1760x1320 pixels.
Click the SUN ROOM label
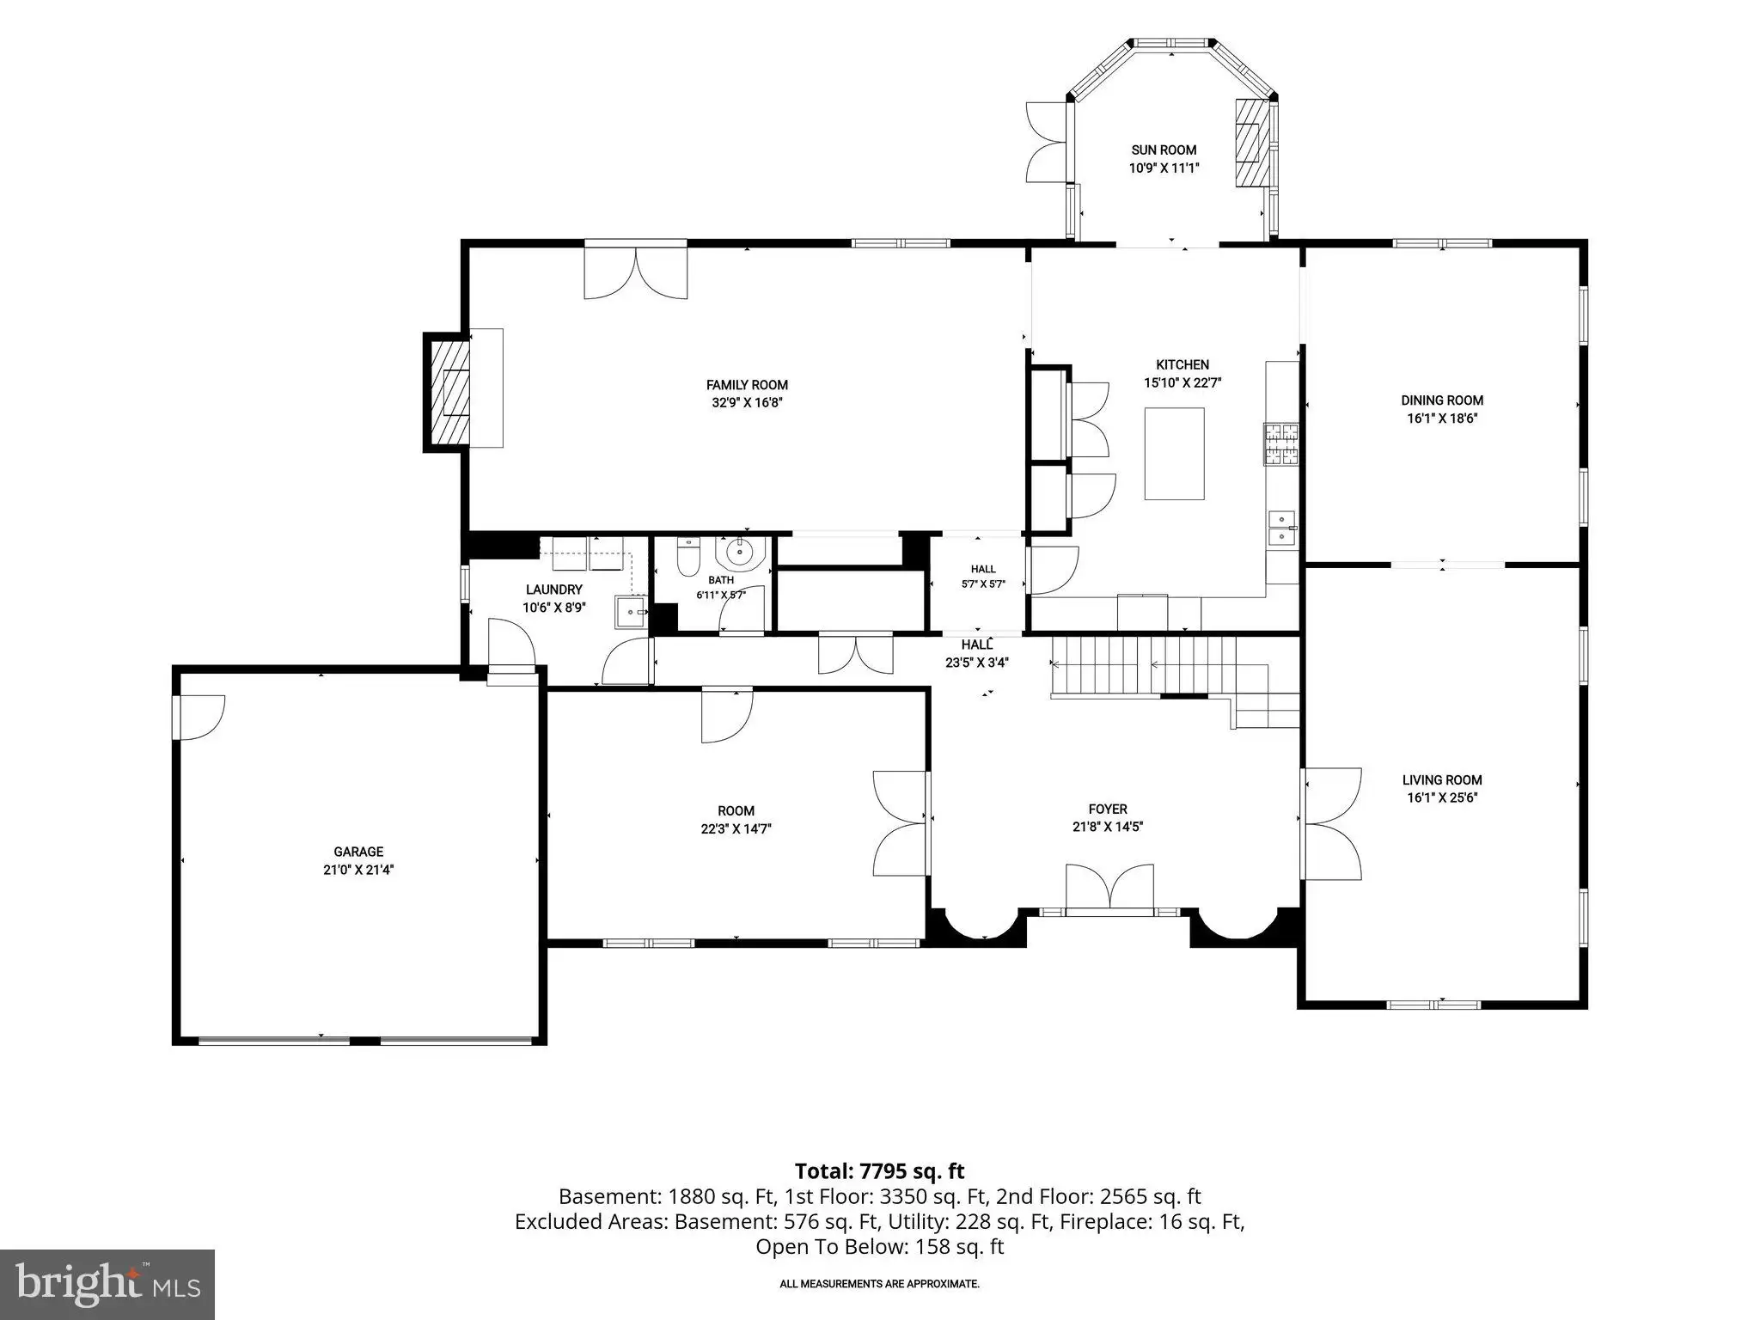click(x=1164, y=150)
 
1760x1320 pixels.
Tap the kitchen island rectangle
click(x=1174, y=454)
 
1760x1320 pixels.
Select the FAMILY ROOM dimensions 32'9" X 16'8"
click(x=747, y=402)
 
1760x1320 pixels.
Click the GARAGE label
click(x=358, y=852)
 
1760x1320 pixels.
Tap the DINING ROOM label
click(x=1442, y=400)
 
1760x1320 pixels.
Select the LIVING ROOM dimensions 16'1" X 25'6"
click(x=1442, y=797)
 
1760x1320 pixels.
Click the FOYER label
click(x=1108, y=809)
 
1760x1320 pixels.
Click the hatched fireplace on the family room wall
click(x=448, y=391)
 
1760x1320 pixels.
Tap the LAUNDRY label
click(x=554, y=590)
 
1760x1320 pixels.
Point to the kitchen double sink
click(x=1282, y=529)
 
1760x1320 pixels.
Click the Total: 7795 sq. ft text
click(x=879, y=1171)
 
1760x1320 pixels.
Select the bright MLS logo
click(x=107, y=1285)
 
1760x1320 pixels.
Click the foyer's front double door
click(x=1109, y=887)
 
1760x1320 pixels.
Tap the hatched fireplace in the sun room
click(x=1252, y=143)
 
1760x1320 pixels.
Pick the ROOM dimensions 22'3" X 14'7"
click(x=736, y=829)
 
